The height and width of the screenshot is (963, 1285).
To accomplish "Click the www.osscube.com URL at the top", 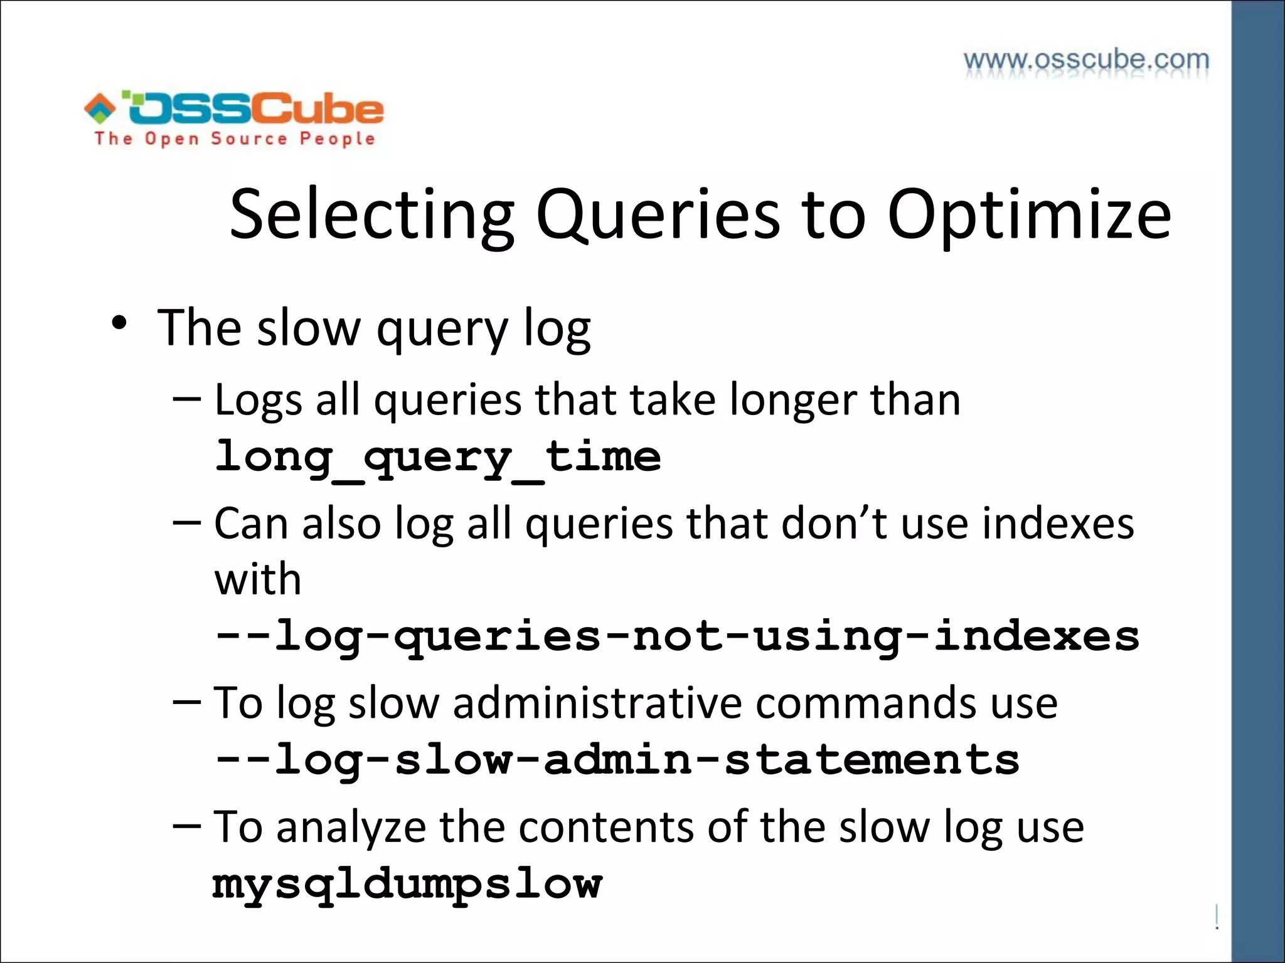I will click(1086, 61).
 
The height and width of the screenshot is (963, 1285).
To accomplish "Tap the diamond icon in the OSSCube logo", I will click(100, 108).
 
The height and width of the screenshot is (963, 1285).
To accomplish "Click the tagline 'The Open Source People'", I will click(235, 139).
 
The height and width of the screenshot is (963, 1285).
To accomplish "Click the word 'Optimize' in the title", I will click(1028, 214).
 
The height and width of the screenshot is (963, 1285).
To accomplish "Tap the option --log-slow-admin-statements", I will click(616, 760).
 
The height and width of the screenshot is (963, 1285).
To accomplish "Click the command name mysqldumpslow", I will click(407, 884).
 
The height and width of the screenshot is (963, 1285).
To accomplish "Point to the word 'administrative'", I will click(597, 702).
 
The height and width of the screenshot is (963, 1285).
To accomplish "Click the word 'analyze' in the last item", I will click(351, 828).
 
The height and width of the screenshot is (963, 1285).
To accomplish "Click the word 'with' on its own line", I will click(258, 579).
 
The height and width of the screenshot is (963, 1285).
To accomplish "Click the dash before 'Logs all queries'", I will click(187, 397).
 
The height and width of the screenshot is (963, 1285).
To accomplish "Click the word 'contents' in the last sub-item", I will click(606, 828).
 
